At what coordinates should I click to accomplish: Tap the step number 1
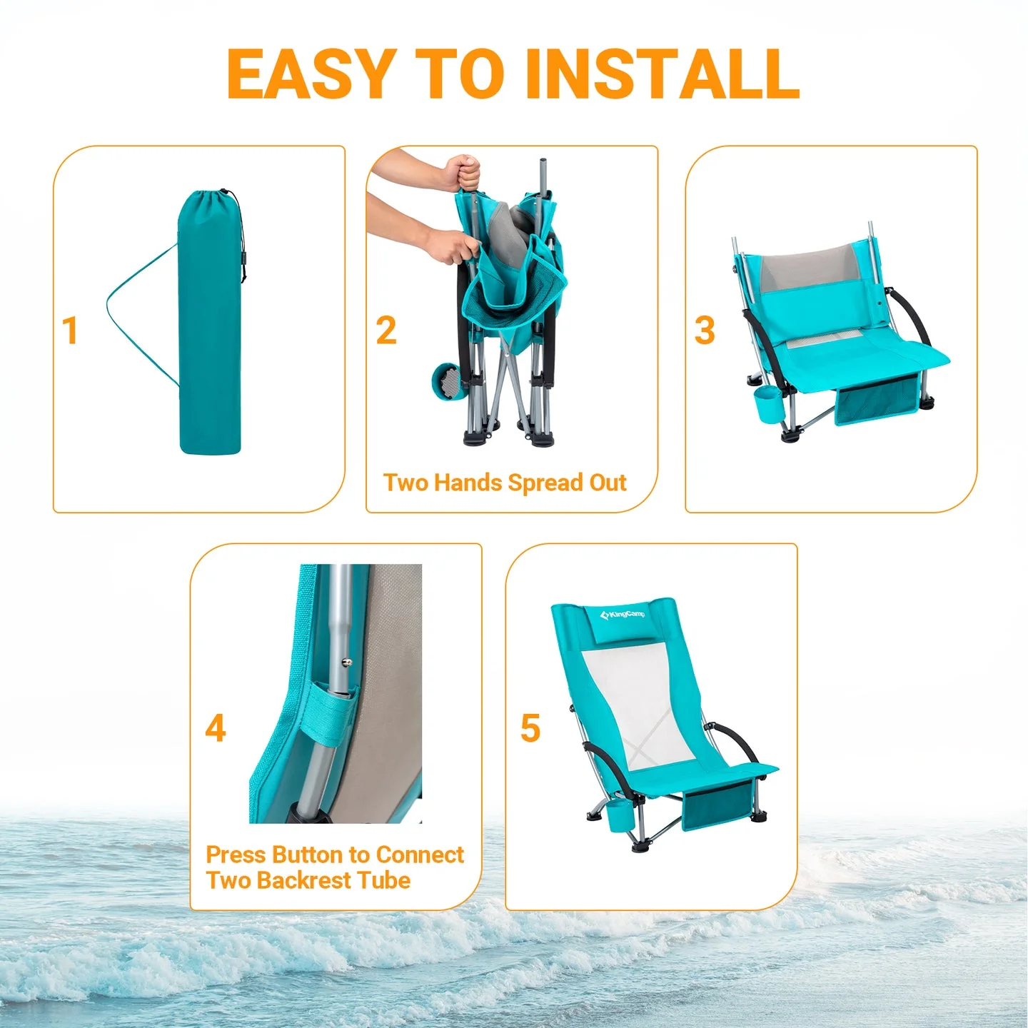pyautogui.click(x=69, y=331)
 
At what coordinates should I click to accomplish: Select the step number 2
pyautogui.click(x=386, y=331)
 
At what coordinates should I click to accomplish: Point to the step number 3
pyautogui.click(x=705, y=331)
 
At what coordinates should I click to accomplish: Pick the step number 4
pyautogui.click(x=216, y=728)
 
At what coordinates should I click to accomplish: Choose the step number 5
pyautogui.click(x=530, y=728)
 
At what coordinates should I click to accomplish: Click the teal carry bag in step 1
pyautogui.click(x=209, y=328)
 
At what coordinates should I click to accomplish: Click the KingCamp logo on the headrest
pyautogui.click(x=623, y=614)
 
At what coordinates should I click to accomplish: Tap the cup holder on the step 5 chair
pyautogui.click(x=618, y=815)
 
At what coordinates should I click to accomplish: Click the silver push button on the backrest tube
pyautogui.click(x=346, y=662)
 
